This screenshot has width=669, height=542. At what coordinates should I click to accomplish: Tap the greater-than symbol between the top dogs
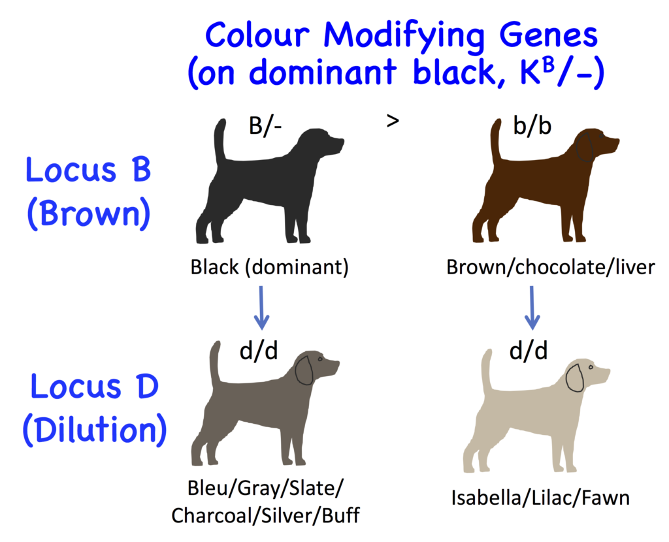393,121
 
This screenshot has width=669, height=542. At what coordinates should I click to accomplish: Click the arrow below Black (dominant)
261,306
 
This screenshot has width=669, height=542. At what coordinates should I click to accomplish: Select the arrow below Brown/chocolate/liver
533,306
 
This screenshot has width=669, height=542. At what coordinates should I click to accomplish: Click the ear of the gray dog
304,370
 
